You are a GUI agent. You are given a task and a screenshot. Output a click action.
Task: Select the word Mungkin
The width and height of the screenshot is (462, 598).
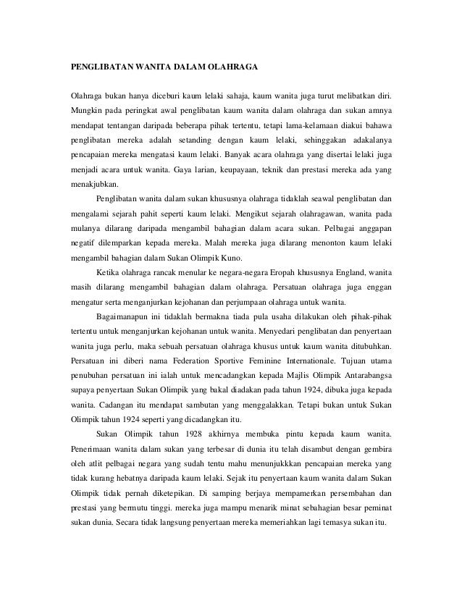pyautogui.click(x=85, y=112)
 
